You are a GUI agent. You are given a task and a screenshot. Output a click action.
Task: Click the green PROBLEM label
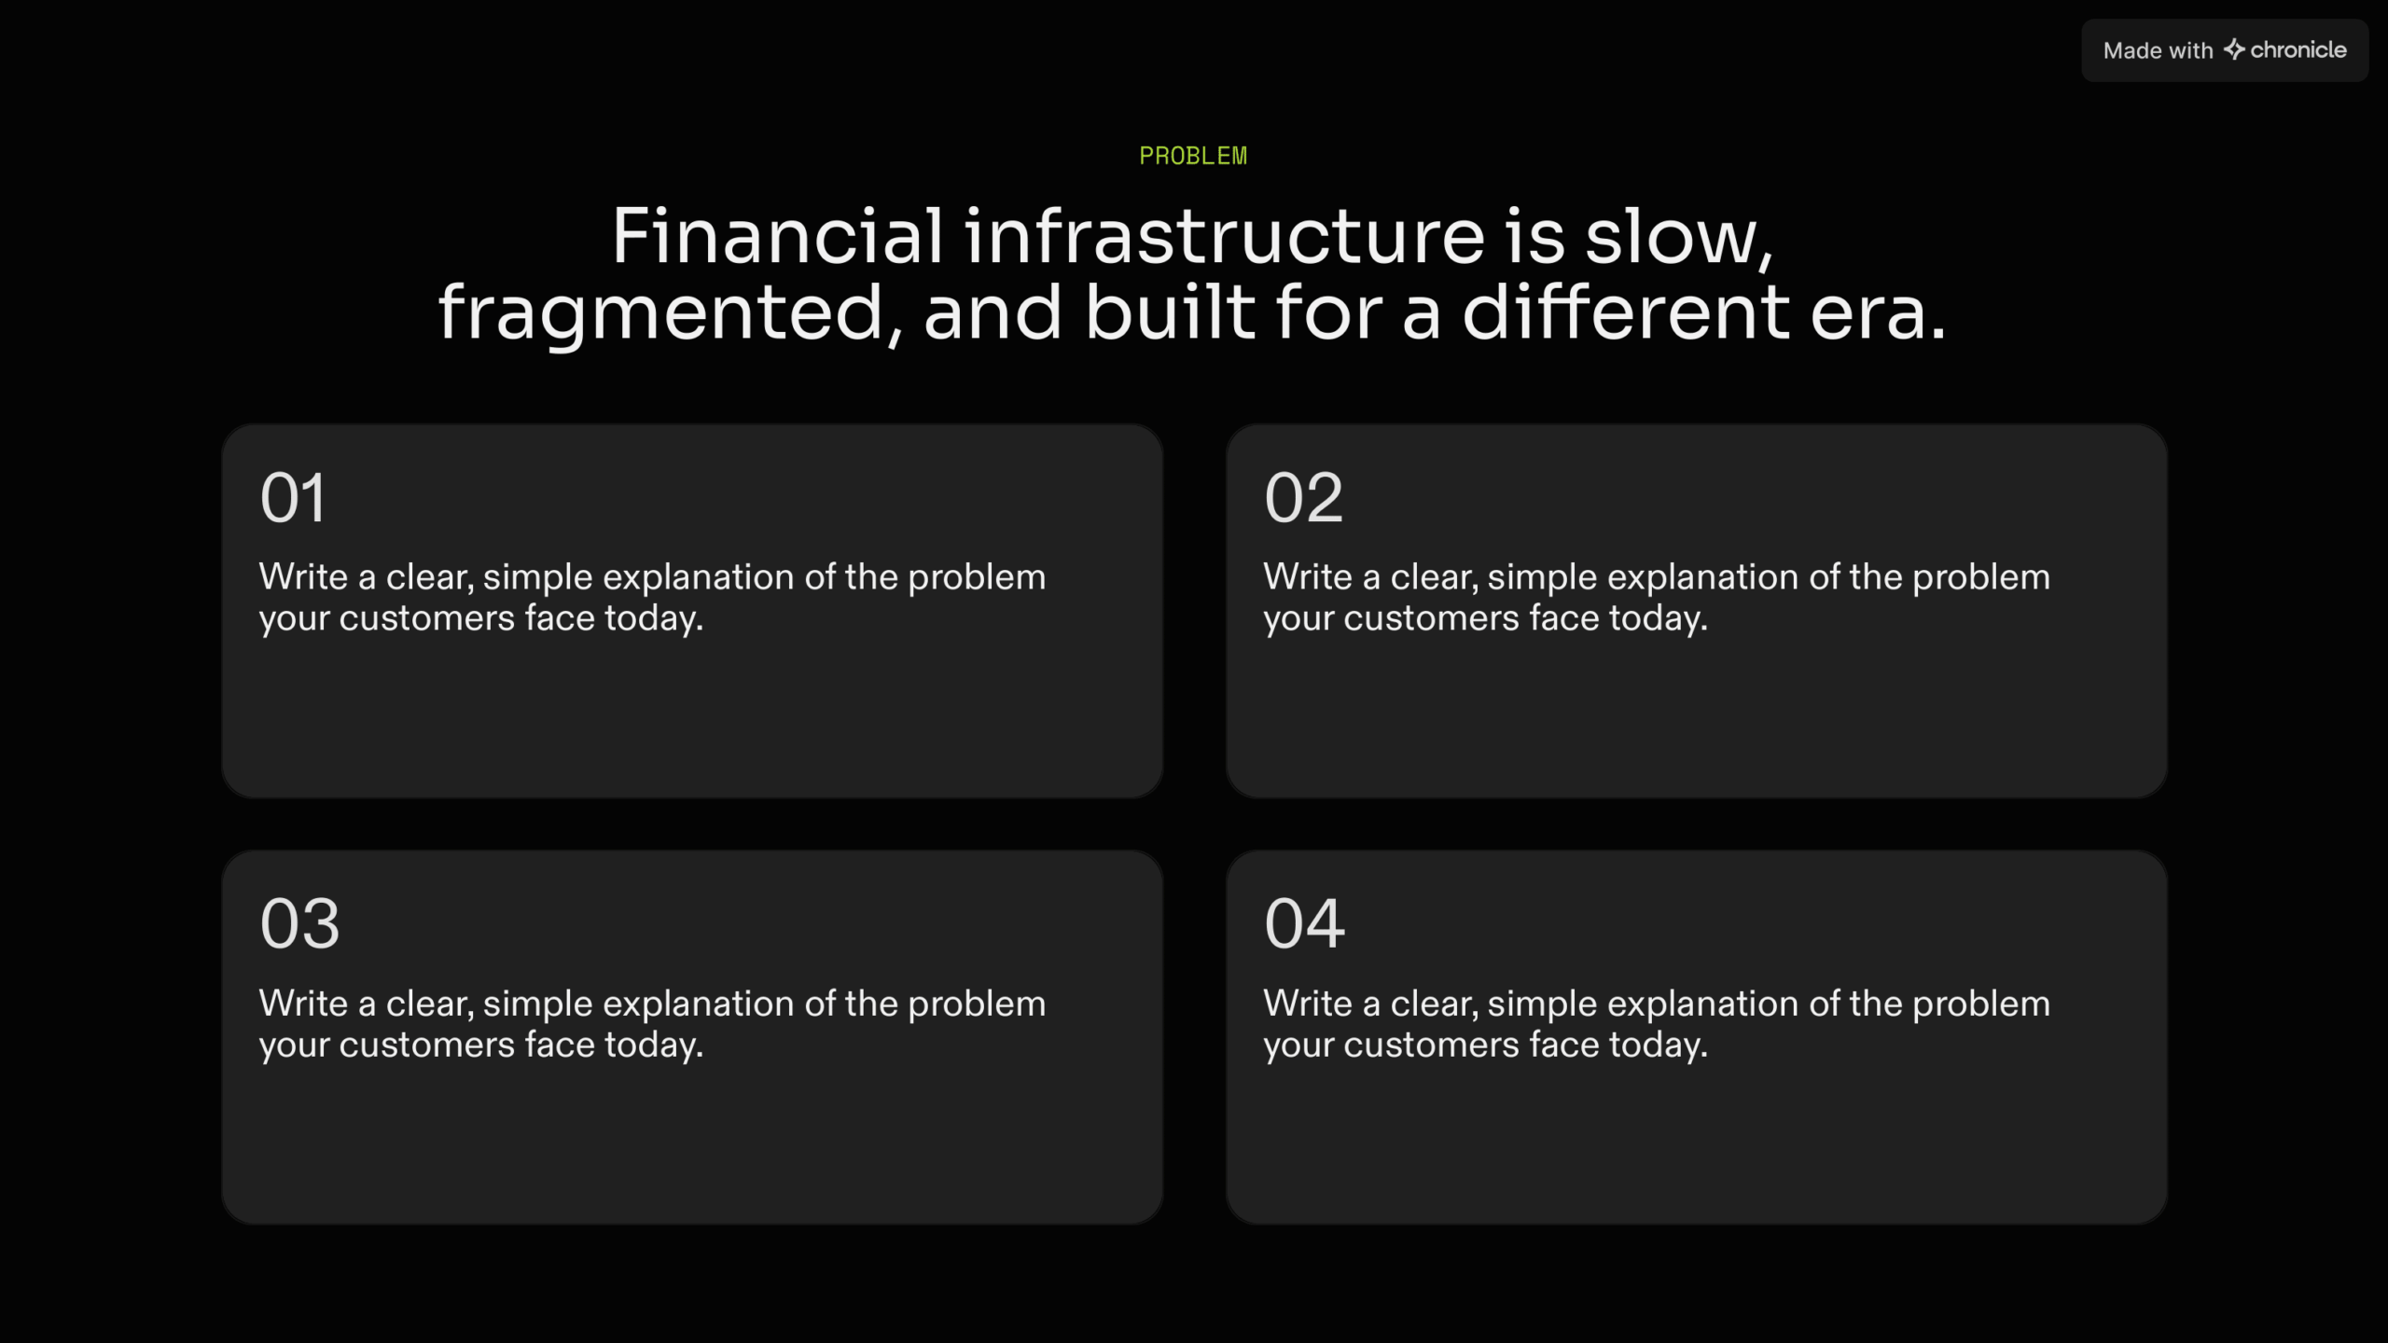click(x=1193, y=156)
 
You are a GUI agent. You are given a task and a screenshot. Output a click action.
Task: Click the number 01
click(x=293, y=498)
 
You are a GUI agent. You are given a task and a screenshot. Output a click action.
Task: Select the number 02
click(x=1303, y=498)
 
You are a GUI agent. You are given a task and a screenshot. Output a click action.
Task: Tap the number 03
click(x=299, y=924)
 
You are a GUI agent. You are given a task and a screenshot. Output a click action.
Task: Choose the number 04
click(x=1304, y=924)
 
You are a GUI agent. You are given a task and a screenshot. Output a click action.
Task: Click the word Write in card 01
click(x=303, y=577)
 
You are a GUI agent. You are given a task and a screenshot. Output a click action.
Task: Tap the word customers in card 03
click(x=426, y=1045)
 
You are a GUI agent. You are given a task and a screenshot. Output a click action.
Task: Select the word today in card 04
click(x=1658, y=1045)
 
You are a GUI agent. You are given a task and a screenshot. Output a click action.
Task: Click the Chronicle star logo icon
click(x=2234, y=49)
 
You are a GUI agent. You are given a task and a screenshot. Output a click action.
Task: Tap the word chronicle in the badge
click(x=2298, y=49)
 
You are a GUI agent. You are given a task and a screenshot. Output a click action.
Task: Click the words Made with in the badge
click(x=2158, y=50)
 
